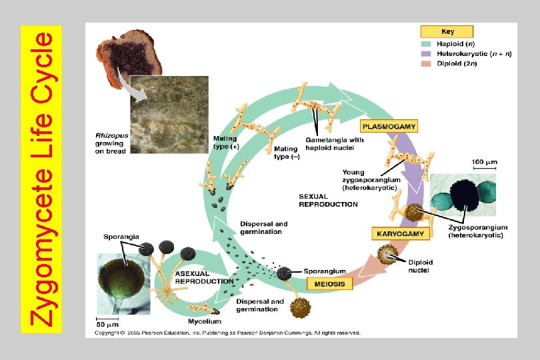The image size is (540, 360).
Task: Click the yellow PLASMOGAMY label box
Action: pos(389,125)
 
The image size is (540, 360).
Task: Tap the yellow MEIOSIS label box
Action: pos(327,284)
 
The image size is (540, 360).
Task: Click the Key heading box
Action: pos(447,31)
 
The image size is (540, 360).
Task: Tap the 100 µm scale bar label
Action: pos(484,161)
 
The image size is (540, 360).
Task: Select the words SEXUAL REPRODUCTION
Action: pos(328,200)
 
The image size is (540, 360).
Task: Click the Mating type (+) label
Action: pos(225,142)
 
